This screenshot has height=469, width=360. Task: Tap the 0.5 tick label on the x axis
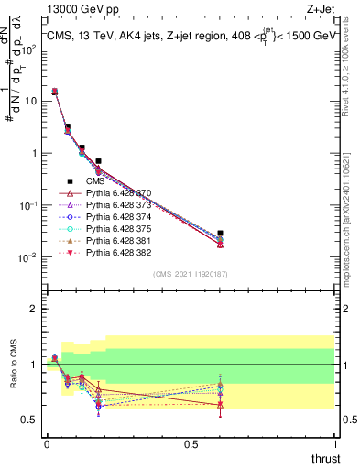(191, 444)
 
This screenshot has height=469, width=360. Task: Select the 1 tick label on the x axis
(335, 444)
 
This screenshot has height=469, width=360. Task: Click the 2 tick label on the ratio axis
(32, 309)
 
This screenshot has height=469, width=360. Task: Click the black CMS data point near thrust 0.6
(220, 234)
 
